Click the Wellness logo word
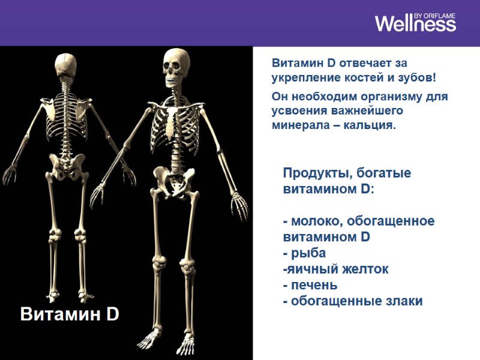point(415,24)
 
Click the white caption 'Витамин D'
point(70,314)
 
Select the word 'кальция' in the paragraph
point(373,125)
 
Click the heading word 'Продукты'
point(316,173)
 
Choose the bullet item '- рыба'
point(304,253)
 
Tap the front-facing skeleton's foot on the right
point(188,345)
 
